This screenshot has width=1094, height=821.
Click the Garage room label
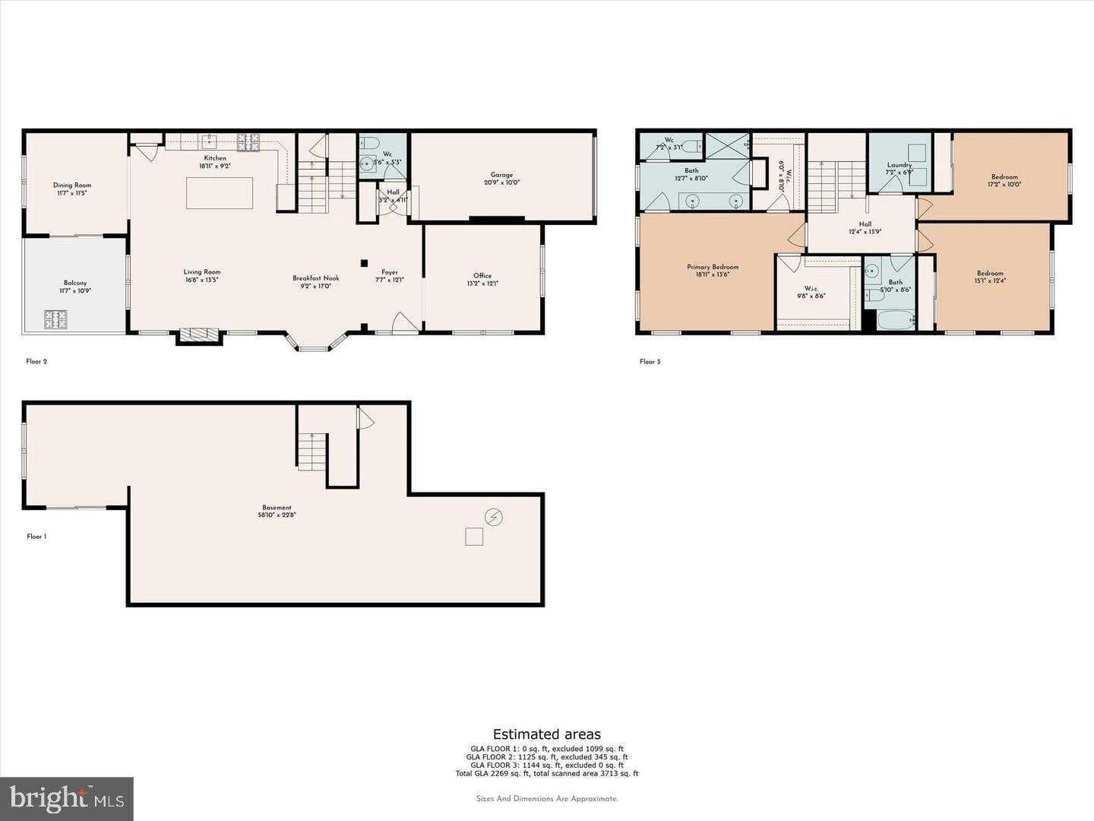[501, 179]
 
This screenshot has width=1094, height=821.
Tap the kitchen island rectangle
[220, 193]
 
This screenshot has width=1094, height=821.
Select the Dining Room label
[72, 189]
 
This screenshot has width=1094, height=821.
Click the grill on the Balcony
[56, 319]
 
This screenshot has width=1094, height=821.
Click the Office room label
[482, 279]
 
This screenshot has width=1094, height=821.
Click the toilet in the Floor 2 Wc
[368, 143]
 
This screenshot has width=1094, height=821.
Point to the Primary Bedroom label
[713, 270]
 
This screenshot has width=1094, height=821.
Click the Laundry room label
[900, 168]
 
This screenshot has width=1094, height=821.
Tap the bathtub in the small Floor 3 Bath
[892, 321]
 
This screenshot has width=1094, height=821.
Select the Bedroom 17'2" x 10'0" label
[1004, 180]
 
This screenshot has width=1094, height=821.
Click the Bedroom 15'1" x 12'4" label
[990, 277]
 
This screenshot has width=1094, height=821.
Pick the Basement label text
[277, 511]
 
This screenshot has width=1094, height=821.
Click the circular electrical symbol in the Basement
[494, 518]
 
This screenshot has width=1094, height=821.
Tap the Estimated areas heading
[547, 734]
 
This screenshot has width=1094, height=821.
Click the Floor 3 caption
[650, 362]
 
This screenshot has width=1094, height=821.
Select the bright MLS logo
[67, 798]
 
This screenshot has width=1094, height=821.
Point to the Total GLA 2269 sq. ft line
[547, 774]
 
